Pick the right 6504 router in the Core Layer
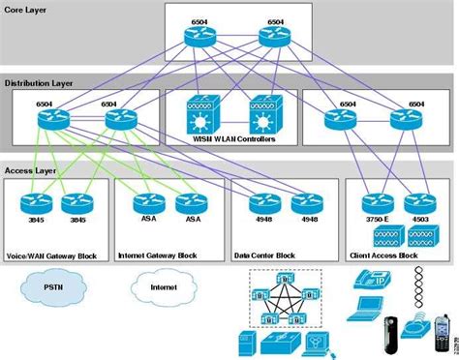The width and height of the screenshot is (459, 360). point(275,37)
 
